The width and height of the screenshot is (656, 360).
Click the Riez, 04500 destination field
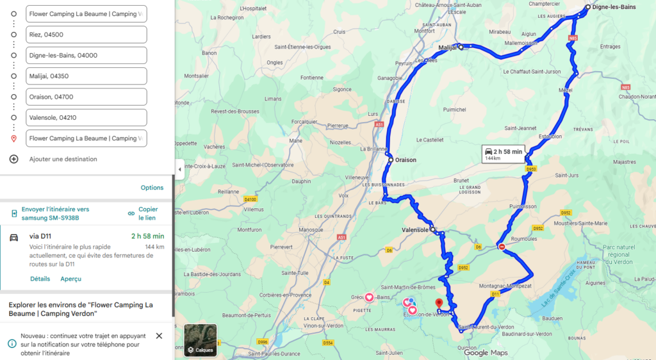(86, 35)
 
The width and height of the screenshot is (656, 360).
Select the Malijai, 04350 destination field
(86, 76)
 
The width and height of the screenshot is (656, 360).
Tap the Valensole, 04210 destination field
(86, 118)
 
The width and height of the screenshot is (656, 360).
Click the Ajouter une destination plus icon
(13, 159)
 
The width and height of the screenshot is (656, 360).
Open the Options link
(152, 188)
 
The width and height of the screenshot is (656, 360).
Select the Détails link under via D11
(40, 279)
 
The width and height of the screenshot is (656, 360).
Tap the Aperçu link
(70, 279)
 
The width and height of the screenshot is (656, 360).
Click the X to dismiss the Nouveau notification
(159, 336)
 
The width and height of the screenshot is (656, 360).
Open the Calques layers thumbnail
(201, 340)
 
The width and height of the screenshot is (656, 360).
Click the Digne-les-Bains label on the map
(614, 8)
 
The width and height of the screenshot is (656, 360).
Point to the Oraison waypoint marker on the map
(389, 160)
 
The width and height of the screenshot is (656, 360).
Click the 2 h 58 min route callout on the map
(504, 154)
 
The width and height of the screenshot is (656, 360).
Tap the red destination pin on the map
(439, 303)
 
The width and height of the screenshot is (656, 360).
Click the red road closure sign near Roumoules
(502, 247)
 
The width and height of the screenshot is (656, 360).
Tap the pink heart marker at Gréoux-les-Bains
(369, 297)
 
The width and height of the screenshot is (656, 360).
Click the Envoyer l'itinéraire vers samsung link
(55, 213)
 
